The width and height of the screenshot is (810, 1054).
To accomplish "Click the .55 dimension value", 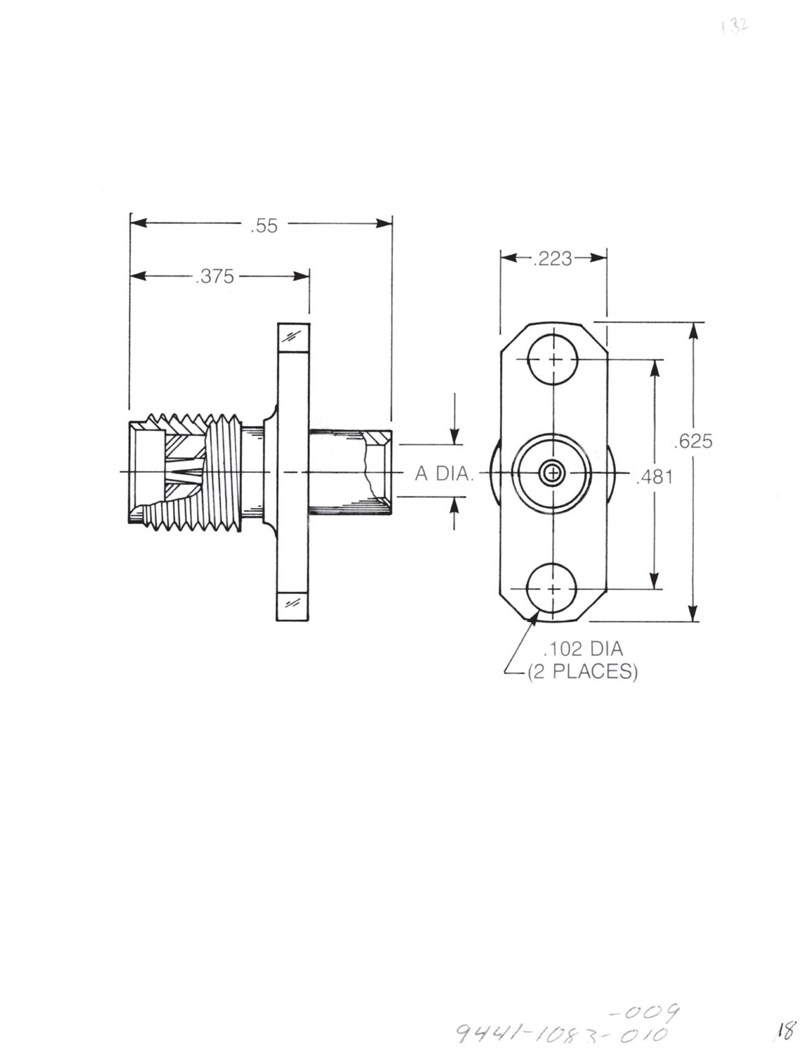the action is [x=264, y=226].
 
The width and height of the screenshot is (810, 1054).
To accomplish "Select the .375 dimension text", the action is [x=214, y=277].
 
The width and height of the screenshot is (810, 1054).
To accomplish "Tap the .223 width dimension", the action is [x=553, y=258].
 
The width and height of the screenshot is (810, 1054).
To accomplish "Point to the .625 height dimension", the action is [x=693, y=442].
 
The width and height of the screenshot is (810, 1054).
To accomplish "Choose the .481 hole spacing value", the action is [x=655, y=477].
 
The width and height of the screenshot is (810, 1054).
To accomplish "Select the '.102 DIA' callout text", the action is [x=583, y=649].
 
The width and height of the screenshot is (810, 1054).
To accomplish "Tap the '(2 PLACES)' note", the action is [x=583, y=671].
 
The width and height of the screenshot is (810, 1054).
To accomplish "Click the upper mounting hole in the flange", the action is [x=554, y=359].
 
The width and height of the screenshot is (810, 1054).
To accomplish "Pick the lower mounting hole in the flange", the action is [x=554, y=588].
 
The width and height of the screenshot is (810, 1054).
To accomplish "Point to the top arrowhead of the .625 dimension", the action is [x=693, y=329].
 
